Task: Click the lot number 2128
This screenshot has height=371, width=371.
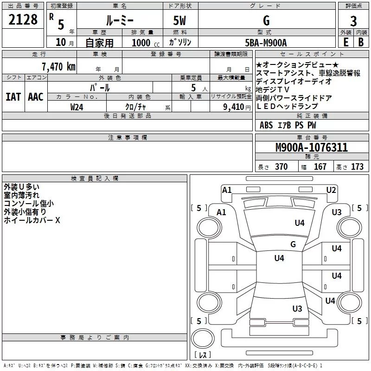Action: click(23, 19)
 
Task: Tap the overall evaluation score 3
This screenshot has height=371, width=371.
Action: click(353, 21)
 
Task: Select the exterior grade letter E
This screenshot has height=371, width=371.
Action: click(345, 42)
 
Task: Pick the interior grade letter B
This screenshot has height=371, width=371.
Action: click(361, 42)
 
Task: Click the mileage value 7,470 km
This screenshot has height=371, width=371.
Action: click(58, 67)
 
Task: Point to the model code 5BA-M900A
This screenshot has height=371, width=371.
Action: click(266, 43)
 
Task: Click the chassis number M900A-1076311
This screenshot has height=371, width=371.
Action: click(312, 147)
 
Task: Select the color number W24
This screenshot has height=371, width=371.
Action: click(77, 107)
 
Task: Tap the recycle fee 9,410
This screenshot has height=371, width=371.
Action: click(234, 107)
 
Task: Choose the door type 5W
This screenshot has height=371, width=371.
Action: click(179, 20)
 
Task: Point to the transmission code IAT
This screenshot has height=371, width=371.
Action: click(13, 97)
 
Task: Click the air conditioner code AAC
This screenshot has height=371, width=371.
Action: click(36, 97)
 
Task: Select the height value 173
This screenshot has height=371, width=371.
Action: click(357, 166)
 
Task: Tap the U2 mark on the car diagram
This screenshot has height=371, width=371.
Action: click(331, 190)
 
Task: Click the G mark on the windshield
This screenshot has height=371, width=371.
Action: click(293, 244)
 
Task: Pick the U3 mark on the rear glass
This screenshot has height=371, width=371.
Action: click(297, 308)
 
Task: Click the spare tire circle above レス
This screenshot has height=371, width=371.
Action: click(203, 338)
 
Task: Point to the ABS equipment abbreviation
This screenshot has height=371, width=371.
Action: click(266, 125)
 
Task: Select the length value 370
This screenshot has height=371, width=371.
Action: click(281, 166)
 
